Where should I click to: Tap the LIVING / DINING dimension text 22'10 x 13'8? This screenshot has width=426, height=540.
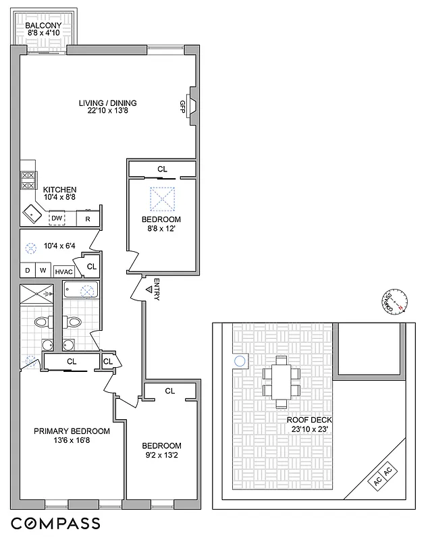click(x=107, y=113)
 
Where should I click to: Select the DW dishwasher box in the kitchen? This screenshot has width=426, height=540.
click(x=57, y=218)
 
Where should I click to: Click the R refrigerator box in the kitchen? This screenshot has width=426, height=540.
click(x=88, y=218)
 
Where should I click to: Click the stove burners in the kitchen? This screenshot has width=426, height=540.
click(x=28, y=180)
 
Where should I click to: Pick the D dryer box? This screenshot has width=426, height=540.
click(x=28, y=270)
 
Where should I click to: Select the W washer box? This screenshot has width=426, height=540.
click(x=43, y=270)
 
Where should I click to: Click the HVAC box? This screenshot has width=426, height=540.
click(x=63, y=271)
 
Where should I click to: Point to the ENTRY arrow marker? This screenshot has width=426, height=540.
click(x=149, y=290)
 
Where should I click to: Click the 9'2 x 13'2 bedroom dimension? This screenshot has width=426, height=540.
click(x=161, y=456)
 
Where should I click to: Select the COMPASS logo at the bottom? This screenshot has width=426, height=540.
click(x=55, y=523)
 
